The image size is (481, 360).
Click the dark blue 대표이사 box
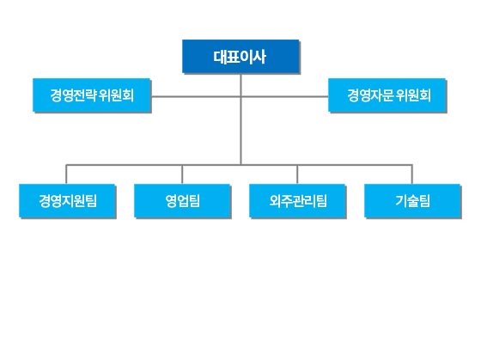coord(240,56)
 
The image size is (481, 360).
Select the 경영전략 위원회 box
coord(91,95)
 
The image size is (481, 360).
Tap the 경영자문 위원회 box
coord(387,95)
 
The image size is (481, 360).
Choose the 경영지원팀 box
coord(67,201)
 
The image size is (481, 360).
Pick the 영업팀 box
coord(182,201)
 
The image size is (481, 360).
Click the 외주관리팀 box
coord(297,201)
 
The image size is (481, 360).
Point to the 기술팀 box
coord(412,201)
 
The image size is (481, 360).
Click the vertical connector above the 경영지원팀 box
coord(66,174)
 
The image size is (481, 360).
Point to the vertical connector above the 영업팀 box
coord(182,174)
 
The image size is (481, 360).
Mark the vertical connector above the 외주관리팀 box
coord(297,174)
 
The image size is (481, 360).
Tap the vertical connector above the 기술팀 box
coord(411,174)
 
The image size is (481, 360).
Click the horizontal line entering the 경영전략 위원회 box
coord(196,97)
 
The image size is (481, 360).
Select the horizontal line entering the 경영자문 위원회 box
coord(284,97)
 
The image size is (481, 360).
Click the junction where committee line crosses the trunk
coord(240,97)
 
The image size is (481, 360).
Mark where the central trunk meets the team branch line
coord(240,165)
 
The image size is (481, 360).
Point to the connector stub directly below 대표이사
coord(240,84)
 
